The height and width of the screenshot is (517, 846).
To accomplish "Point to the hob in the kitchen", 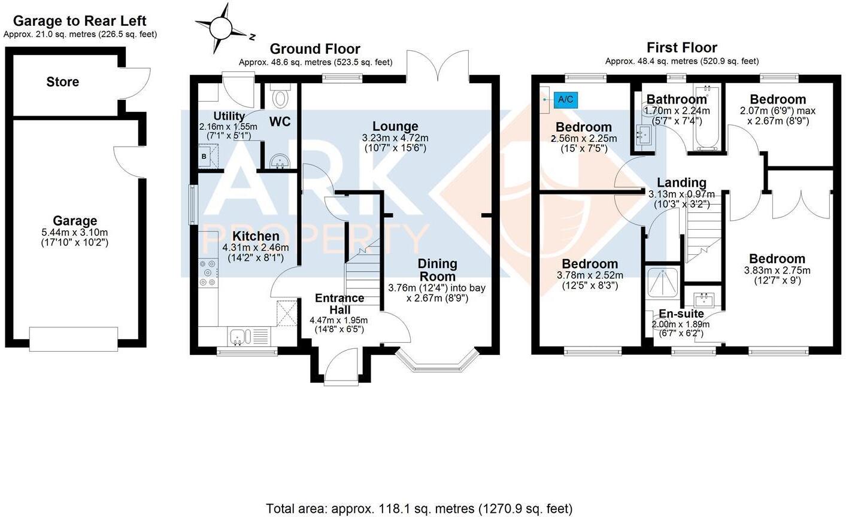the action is (208, 272).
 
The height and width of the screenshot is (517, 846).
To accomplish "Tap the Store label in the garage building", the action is (62, 82).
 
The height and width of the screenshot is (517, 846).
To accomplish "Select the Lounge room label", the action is (395, 126).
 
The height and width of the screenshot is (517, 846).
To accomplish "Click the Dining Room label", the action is (437, 270).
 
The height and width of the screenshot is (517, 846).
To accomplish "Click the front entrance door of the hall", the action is (339, 365).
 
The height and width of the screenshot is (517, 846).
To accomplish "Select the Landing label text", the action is (681, 183).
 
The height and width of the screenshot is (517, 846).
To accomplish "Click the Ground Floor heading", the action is (315, 49).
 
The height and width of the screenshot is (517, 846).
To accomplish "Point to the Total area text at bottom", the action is (419, 509).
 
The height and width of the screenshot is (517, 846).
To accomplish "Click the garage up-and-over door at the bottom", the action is (75, 339).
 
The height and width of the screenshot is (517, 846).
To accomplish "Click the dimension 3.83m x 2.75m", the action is (777, 270).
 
